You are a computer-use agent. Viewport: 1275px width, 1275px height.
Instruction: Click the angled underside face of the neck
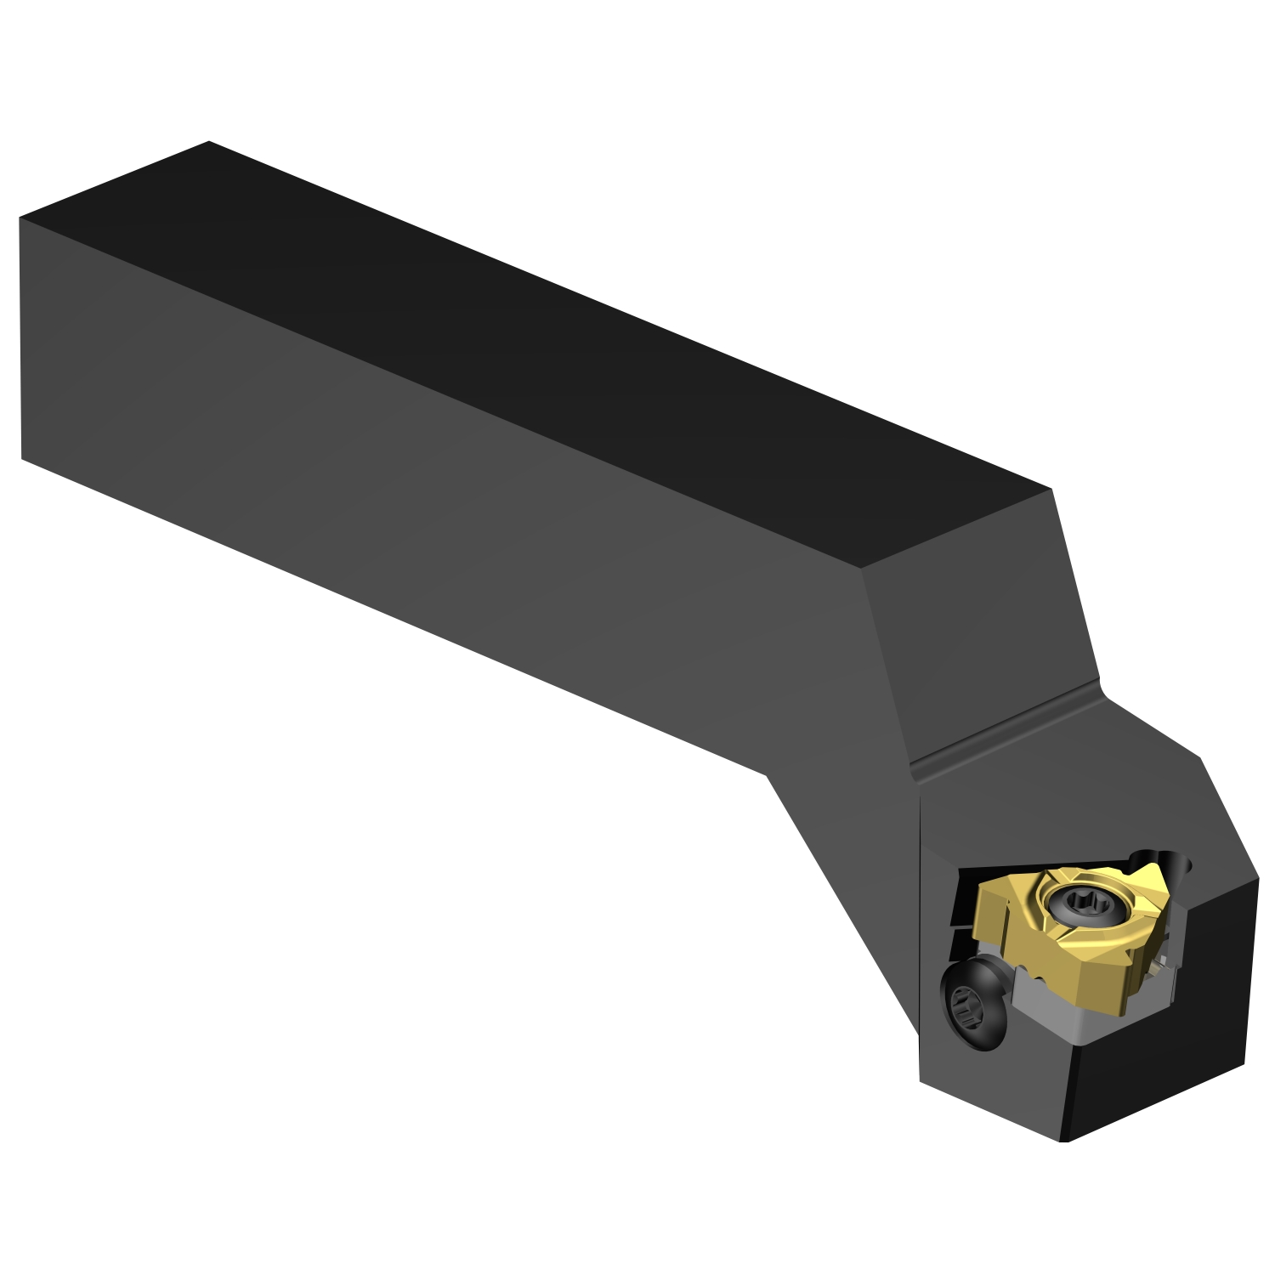click(841, 892)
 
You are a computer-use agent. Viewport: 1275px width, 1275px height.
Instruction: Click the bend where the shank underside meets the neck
click(768, 774)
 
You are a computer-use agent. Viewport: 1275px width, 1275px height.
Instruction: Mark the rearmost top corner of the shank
click(208, 142)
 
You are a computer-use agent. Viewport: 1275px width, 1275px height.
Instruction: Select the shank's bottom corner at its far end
click(21, 460)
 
